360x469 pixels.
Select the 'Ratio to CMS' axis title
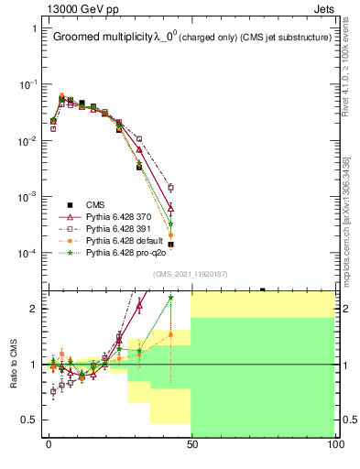(15, 364)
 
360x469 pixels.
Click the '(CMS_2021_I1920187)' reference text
(190, 274)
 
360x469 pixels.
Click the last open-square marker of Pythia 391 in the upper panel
(170, 187)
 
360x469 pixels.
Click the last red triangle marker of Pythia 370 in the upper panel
(170, 208)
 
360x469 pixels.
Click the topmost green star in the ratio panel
(170, 298)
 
